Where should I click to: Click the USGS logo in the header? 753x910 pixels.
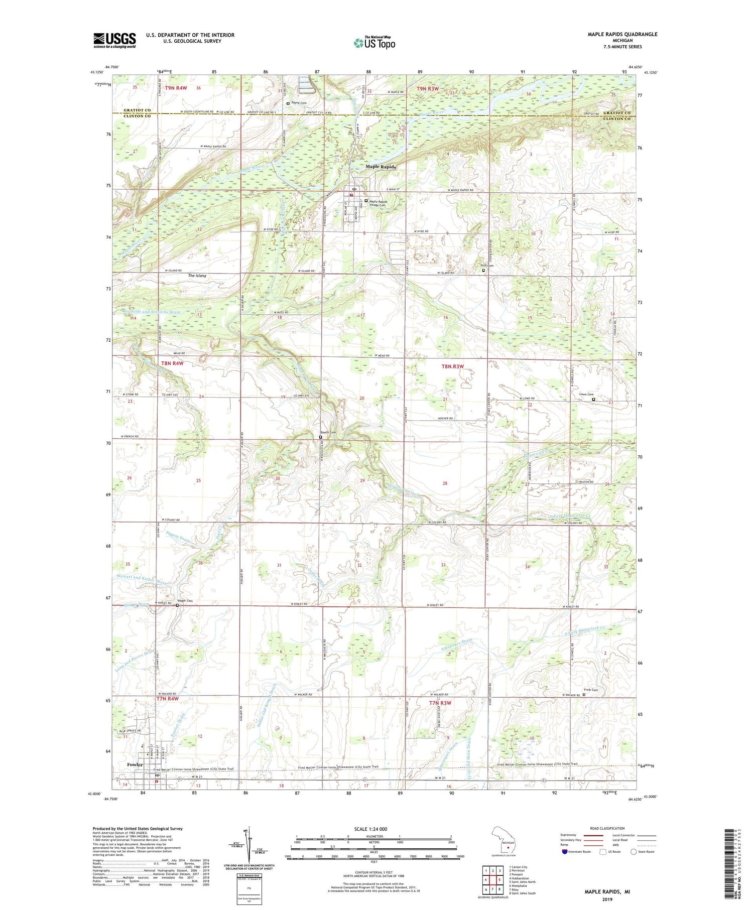tap(114, 40)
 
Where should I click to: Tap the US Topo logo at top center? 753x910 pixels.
tap(374, 43)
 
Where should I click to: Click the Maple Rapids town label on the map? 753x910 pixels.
tap(381, 167)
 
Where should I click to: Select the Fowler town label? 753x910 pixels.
tap(135, 764)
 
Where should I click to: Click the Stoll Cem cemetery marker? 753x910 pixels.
tap(484, 271)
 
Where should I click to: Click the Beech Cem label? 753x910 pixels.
tap(328, 433)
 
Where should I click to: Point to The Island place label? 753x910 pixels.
tap(197, 276)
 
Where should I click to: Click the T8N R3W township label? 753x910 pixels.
tap(452, 366)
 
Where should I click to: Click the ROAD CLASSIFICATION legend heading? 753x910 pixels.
tap(607, 828)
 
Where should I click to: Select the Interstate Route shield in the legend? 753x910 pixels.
tap(565, 852)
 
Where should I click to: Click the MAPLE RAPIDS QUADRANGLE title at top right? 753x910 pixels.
tap(622, 34)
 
